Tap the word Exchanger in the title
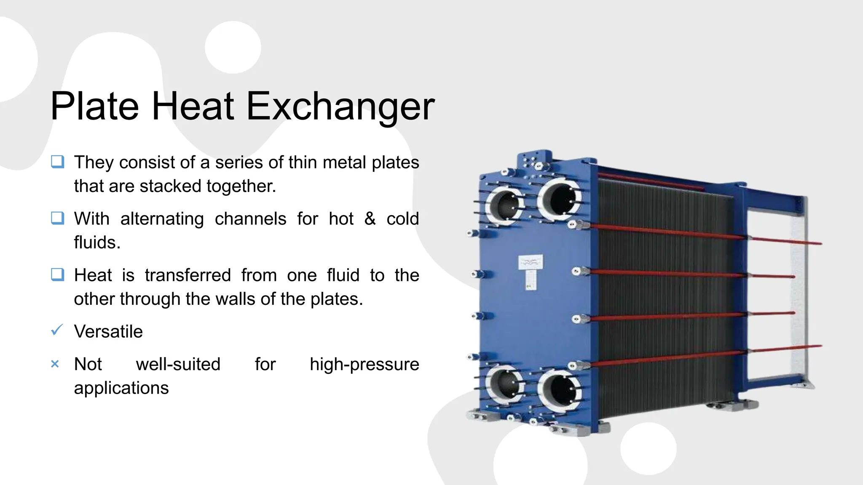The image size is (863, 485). (340, 107)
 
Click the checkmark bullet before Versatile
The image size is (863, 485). (57, 330)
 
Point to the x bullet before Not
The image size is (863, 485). (55, 364)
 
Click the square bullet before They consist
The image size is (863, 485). (57, 162)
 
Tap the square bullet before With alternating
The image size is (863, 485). (57, 218)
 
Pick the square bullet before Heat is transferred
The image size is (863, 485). (57, 274)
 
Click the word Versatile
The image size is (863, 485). (108, 331)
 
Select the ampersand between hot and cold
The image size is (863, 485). (370, 219)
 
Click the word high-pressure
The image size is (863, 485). (364, 365)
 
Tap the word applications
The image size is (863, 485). (121, 388)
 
